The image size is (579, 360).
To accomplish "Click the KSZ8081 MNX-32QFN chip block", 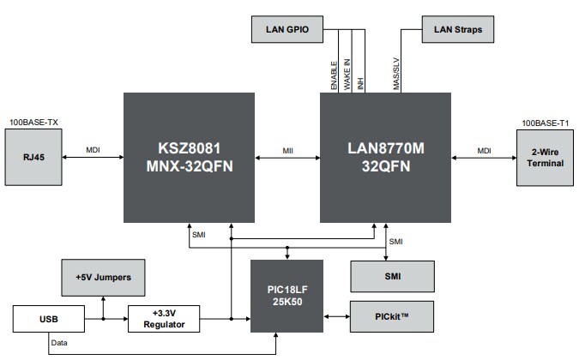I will [189, 157].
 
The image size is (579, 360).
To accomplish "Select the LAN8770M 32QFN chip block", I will [387, 157].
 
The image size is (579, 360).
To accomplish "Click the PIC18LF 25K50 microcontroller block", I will [286, 296].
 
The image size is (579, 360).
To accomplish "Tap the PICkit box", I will [393, 317].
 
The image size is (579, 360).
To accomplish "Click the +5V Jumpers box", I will [105, 277].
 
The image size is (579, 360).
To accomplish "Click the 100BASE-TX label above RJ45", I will [33, 123].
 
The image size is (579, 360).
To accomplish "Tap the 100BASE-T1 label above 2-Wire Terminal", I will [544, 123].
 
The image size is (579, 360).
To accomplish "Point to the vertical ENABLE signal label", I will [335, 75].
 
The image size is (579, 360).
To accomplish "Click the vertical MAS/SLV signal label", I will [396, 74].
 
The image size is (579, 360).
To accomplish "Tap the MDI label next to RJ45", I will [93, 150].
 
